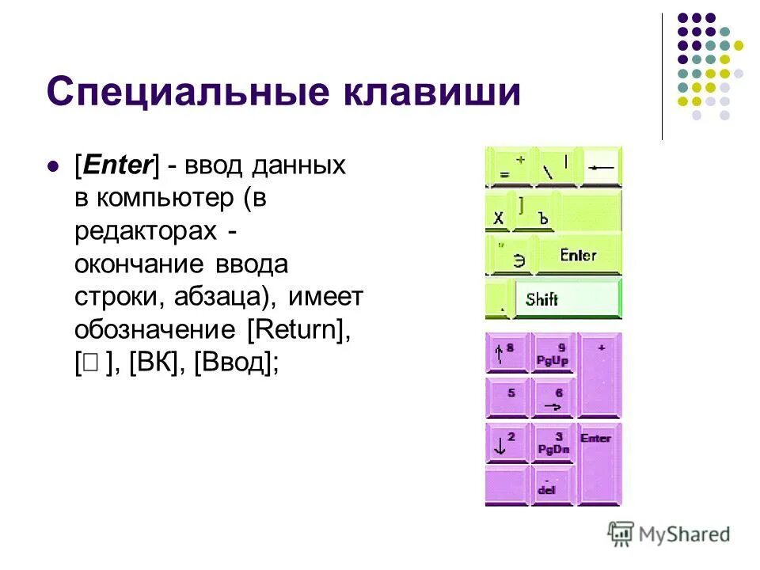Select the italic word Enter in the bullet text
[116, 165]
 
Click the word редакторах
[145, 230]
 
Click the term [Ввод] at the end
[235, 362]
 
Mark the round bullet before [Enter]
[54, 167]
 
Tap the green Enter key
[578, 256]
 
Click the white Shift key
[567, 299]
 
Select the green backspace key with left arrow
[602, 167]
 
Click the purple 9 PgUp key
[553, 353]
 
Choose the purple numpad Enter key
[598, 462]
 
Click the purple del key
[553, 484]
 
